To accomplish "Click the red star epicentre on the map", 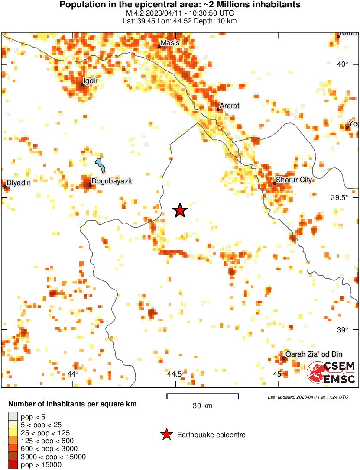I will (x=180, y=210).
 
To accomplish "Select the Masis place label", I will (x=170, y=43).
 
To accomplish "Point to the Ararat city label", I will (x=230, y=106).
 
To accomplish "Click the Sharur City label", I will (x=294, y=180).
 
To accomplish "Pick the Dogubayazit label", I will (x=111, y=181).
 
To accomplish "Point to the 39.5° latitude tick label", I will (x=339, y=197).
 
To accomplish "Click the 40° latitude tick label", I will (x=343, y=64).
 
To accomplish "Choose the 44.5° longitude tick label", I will (x=176, y=374).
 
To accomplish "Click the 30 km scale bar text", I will (x=202, y=406).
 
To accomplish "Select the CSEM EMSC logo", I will (x=331, y=372).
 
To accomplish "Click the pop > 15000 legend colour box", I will (x=13, y=465).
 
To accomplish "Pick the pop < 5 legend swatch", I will (x=13, y=417).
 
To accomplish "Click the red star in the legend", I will (x=166, y=435).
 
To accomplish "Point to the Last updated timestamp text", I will (x=308, y=397).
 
